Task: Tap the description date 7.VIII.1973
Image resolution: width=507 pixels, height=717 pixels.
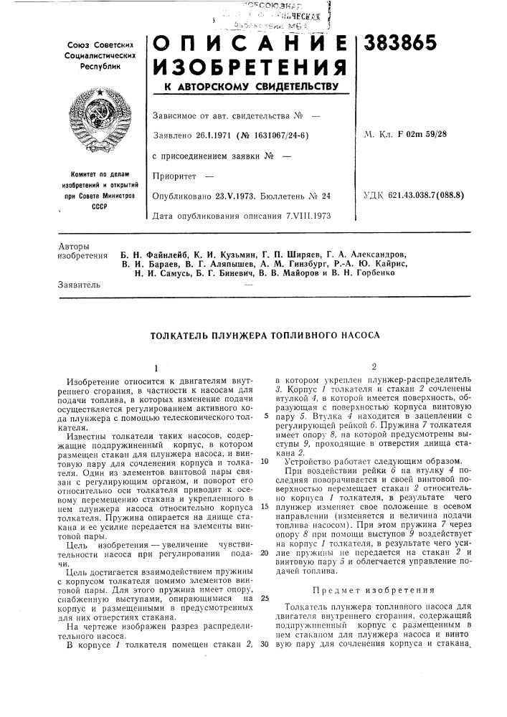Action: tap(303, 216)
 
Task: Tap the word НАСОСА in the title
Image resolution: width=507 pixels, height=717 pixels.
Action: tap(357, 335)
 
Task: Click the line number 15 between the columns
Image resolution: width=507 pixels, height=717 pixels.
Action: tap(265, 506)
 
